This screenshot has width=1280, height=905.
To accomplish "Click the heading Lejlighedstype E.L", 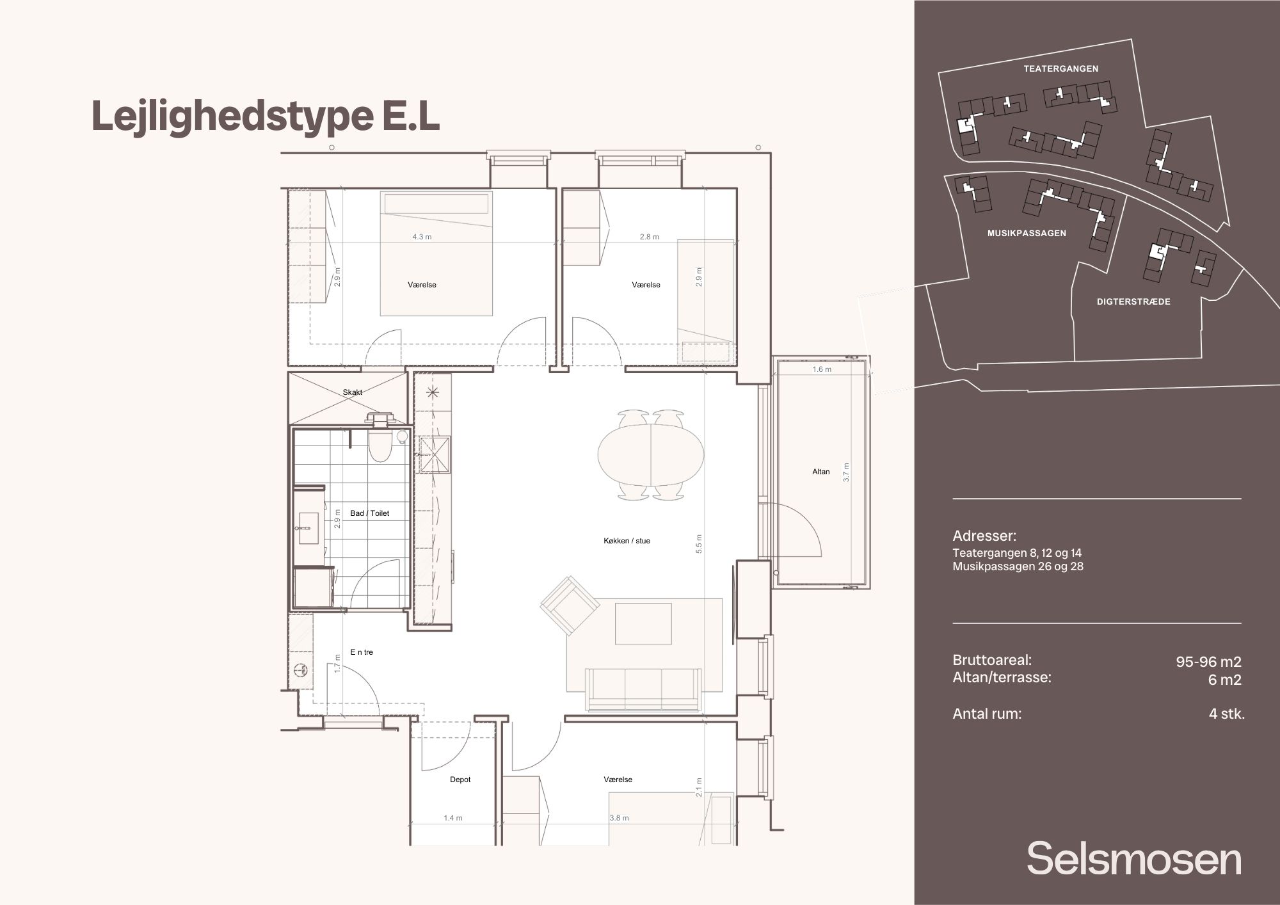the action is tap(266, 116).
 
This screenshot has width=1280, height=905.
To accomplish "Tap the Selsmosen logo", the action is tap(1134, 859).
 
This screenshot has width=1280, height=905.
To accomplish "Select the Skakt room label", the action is tap(353, 392).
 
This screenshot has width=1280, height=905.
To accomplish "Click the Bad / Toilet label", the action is tap(370, 513).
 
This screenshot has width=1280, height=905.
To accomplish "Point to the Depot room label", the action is tap(460, 780).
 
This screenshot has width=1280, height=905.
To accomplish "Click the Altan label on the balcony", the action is tap(821, 472).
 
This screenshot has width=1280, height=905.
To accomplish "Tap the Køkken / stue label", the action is tap(627, 541).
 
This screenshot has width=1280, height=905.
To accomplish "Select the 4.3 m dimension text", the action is tap(422, 237).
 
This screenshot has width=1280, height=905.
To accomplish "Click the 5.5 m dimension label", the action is tap(699, 543).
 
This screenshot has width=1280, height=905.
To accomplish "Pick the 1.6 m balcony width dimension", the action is tap(822, 369).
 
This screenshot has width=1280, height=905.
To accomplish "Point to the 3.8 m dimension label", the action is tap(620, 818).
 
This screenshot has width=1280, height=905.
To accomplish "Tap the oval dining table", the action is tap(651, 455).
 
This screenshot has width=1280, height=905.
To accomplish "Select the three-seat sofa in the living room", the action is tap(643, 689).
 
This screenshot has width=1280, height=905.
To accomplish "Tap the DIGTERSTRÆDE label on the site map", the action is tap(1133, 301).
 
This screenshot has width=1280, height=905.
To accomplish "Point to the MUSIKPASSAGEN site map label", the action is tap(1027, 234).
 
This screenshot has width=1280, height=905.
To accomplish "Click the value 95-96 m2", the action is tap(1208, 662).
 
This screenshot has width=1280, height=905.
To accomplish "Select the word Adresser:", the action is tap(984, 536).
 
